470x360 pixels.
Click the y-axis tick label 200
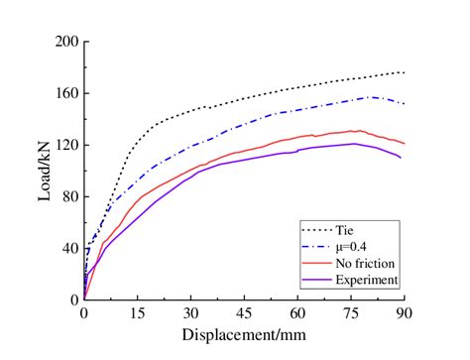tap(66, 42)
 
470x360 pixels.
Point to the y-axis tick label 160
tap(66, 93)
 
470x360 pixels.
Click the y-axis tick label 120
tap(66, 145)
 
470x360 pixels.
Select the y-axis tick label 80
tap(69, 196)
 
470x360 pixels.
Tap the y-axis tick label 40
tap(69, 248)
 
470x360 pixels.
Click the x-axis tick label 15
tap(137, 312)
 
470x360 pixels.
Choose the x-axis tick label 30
tap(190, 312)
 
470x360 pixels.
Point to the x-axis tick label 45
tap(244, 312)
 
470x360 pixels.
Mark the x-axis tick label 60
tap(297, 312)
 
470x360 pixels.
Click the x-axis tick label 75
tap(351, 312)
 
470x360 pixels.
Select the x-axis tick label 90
tap(404, 312)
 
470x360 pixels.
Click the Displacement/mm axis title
tap(244, 334)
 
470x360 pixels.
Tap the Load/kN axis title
tap(45, 171)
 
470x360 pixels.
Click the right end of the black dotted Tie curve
tap(404, 72)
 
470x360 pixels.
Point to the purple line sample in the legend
tap(317, 280)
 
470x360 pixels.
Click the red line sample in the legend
tap(317, 264)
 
